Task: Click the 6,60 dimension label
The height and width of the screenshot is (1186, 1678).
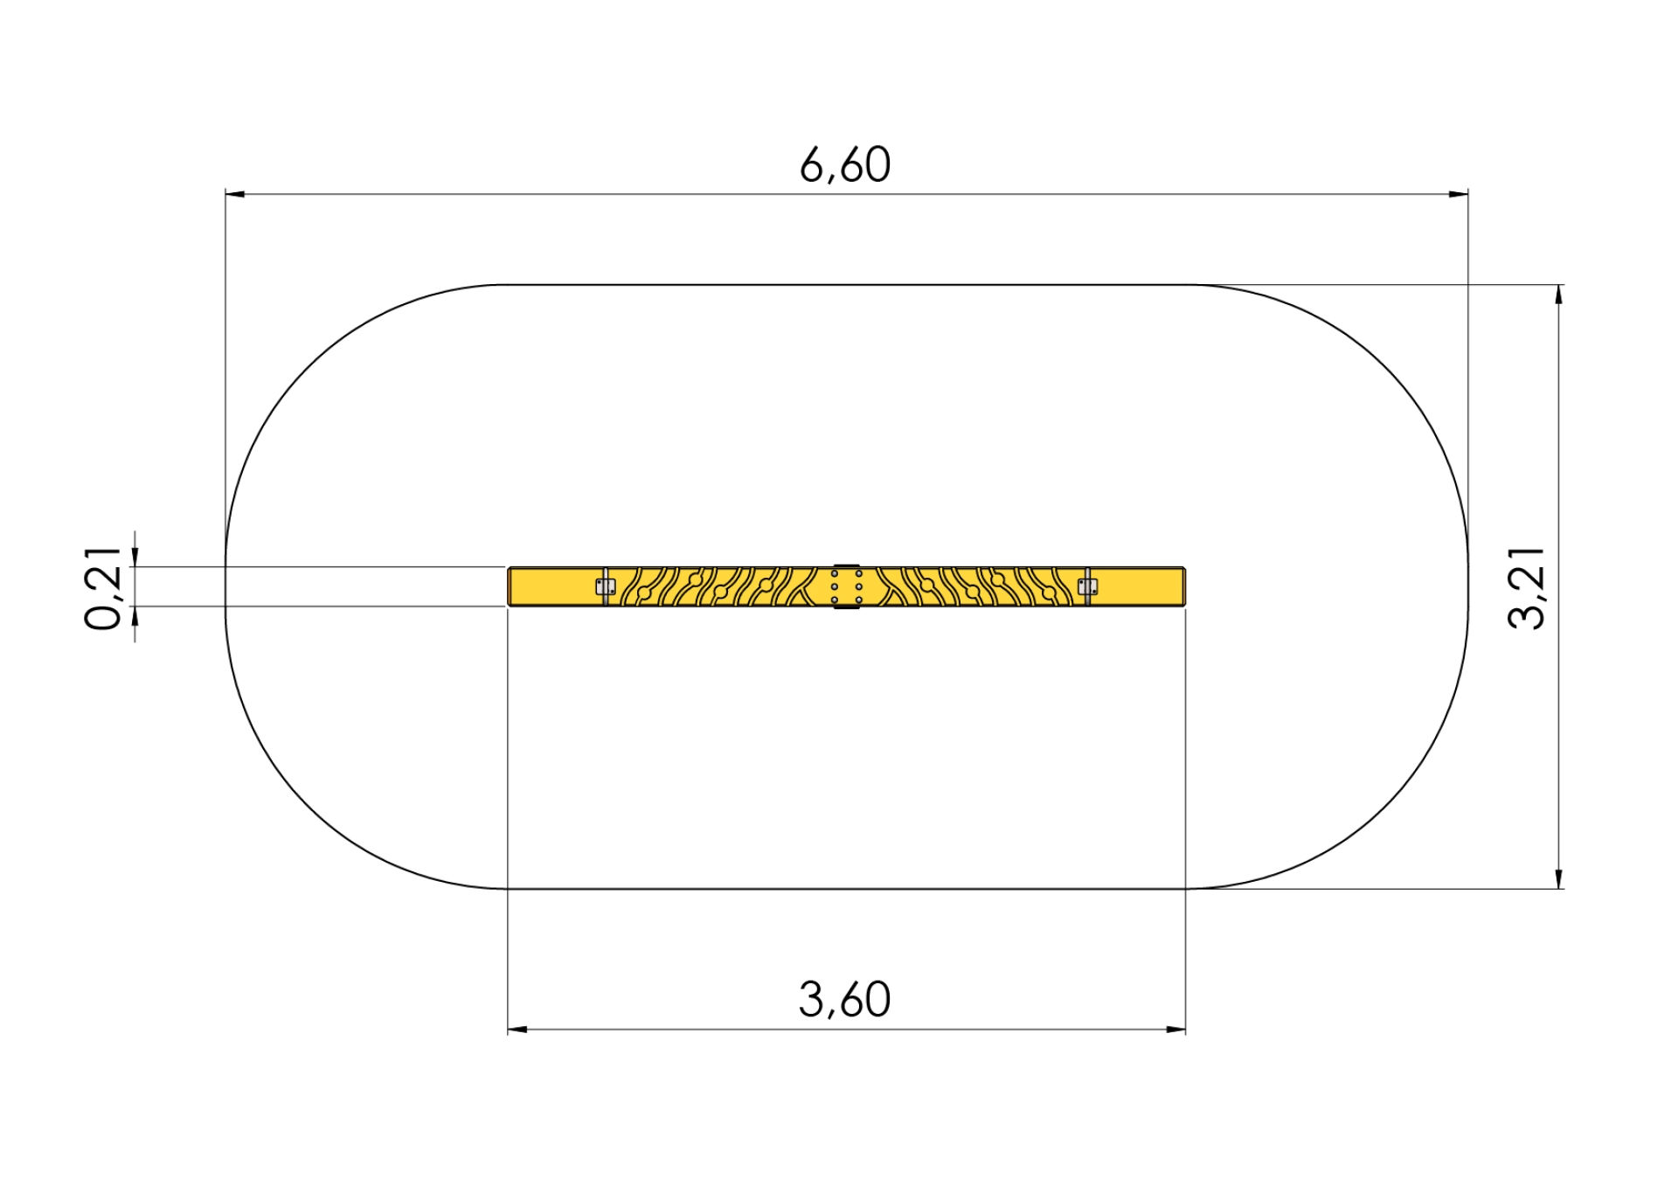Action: pos(845,164)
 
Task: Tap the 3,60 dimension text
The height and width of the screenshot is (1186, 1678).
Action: pos(844,999)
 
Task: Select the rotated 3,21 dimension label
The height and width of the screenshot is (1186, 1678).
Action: pos(1526,587)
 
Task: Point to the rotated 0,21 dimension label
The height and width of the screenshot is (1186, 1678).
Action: pos(103,588)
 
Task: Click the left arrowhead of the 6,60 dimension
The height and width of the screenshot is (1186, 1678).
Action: pos(234,194)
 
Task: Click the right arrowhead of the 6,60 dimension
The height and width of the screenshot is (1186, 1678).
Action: pos(1459,194)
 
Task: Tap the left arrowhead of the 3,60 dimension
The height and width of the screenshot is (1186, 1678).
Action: pos(517,1030)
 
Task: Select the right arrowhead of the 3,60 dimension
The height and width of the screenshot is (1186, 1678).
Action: pos(1176,1030)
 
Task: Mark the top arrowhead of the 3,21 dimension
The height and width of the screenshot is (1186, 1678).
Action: pos(1559,295)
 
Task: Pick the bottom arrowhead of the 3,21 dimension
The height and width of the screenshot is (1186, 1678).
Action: pos(1559,879)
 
